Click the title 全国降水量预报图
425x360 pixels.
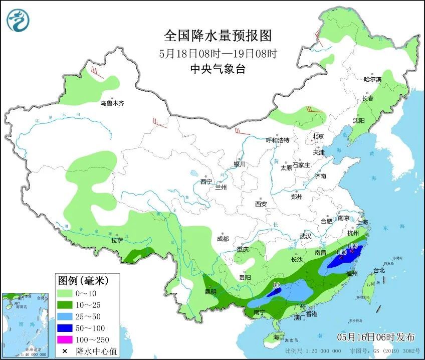pos(218,36)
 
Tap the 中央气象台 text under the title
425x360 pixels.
pos(218,69)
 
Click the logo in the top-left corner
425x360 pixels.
pos(19,21)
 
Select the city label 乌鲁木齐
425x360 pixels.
pos(111,103)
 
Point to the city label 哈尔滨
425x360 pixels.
pos(372,79)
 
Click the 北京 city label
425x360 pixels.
pos(318,136)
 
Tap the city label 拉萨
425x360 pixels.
pos(117,240)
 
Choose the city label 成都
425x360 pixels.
pos(223,239)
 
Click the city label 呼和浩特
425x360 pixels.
pos(277,140)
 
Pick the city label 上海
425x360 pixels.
pos(362,222)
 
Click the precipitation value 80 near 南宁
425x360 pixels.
pos(276,285)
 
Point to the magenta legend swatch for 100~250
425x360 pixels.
pos(66,339)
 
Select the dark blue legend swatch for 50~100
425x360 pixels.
pos(66,328)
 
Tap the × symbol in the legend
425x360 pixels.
pos(65,350)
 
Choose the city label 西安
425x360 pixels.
pos(261,204)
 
